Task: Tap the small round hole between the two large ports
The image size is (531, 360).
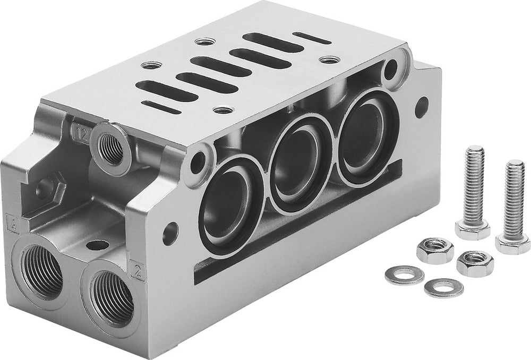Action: [96, 246]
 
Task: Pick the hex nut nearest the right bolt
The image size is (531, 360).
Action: [474, 262]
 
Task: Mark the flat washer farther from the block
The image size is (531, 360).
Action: [443, 287]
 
